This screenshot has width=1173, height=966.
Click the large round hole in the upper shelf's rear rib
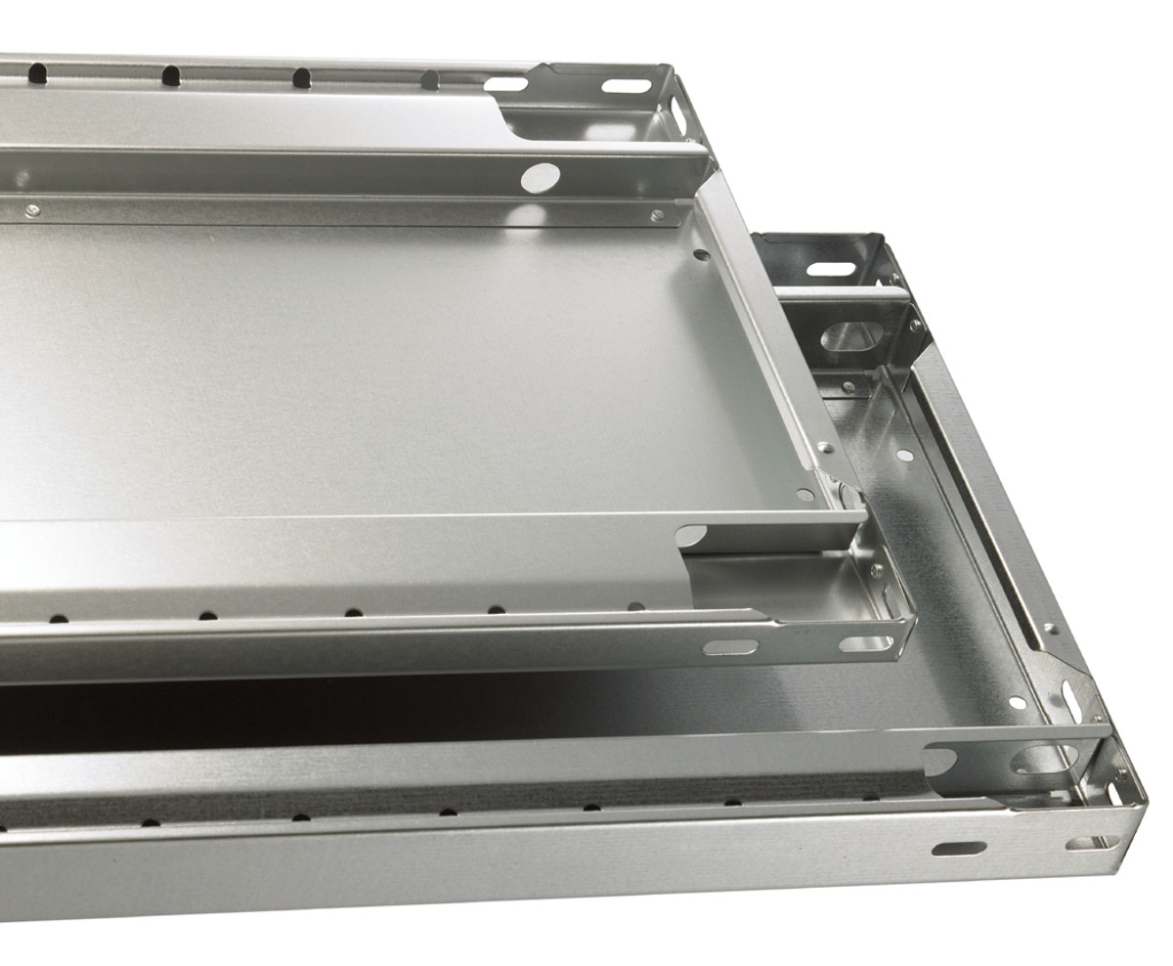click(541, 177)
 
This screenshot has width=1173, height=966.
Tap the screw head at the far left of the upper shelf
click(32, 209)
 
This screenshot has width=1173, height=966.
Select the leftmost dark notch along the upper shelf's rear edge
click(37, 72)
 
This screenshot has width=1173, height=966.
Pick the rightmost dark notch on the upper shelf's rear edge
click(429, 79)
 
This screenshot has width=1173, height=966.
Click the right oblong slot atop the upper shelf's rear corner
click(627, 86)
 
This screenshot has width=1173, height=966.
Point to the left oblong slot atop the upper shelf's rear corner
click(505, 84)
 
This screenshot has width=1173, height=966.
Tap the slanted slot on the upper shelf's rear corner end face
click(678, 115)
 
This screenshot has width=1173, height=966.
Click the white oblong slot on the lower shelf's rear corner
click(831, 268)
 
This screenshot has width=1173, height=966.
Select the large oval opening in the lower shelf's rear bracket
click(852, 336)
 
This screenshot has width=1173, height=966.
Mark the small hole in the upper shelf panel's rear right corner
click(701, 254)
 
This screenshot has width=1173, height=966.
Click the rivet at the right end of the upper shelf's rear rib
click(656, 215)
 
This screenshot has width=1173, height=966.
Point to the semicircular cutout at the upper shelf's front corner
click(690, 536)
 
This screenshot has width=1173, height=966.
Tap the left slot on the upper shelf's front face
click(730, 646)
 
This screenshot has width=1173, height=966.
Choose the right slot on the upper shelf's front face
click(866, 643)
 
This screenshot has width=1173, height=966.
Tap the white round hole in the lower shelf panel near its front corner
click(1017, 702)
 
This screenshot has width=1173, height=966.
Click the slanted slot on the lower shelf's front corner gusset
click(1072, 700)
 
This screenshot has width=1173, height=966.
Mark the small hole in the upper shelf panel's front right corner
click(804, 495)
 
